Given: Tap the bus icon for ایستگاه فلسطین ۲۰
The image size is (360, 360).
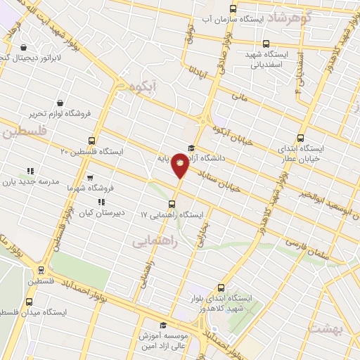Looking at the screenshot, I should pos(92,141).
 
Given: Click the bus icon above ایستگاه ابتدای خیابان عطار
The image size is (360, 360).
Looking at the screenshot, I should pos(301,138).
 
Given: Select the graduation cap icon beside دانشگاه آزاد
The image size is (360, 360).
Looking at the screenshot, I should pos(190,147).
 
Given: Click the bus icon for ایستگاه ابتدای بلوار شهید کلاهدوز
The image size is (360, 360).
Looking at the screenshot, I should pos(221,288).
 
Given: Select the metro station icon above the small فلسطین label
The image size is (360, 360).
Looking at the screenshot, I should pos(41,269).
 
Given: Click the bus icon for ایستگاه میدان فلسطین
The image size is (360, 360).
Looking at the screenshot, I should pos(29,301).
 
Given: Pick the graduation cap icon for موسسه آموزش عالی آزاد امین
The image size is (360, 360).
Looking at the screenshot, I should pos(163,325).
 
